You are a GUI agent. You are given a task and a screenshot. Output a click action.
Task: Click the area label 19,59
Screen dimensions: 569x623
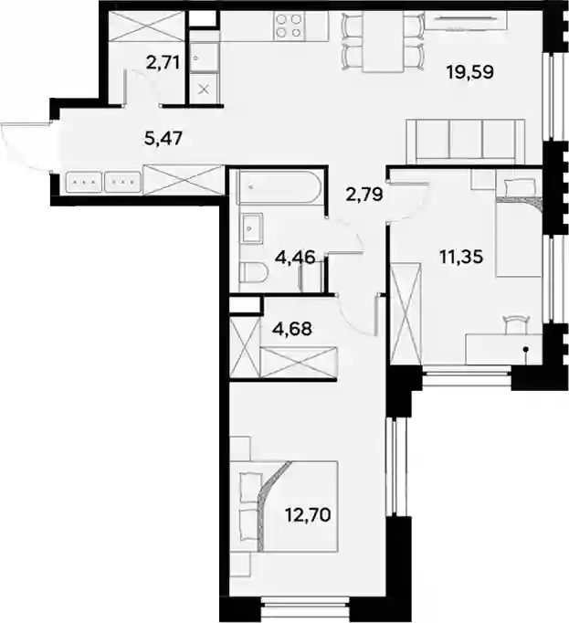pyautogui.click(x=469, y=72)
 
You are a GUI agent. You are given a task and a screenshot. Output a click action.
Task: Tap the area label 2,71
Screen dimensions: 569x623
pyautogui.click(x=163, y=63)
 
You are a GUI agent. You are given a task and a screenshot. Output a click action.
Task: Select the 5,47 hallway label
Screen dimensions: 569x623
pyautogui.click(x=163, y=139)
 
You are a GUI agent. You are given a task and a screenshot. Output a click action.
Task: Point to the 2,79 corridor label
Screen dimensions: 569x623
pyautogui.click(x=364, y=195)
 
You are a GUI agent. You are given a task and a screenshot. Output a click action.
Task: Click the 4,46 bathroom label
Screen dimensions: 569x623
pyautogui.click(x=295, y=257)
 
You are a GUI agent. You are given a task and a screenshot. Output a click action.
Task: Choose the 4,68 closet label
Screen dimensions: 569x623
pyautogui.click(x=293, y=329)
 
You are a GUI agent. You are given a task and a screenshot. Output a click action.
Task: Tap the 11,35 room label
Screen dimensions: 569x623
pyautogui.click(x=461, y=257)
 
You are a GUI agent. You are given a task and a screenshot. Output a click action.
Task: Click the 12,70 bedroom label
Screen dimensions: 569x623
pyautogui.click(x=308, y=515)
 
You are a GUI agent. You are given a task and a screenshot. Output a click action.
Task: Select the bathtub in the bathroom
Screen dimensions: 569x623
pyautogui.click(x=279, y=187)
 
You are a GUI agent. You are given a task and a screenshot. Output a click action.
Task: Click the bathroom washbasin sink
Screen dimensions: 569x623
pyautogui.click(x=251, y=228)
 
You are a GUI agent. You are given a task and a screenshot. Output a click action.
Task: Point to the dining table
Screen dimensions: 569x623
pyautogui.click(x=383, y=42)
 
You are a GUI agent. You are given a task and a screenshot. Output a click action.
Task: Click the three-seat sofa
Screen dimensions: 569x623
pyautogui.click(x=466, y=141)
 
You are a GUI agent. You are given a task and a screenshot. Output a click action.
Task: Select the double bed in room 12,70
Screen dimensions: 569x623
pyautogui.click(x=289, y=507)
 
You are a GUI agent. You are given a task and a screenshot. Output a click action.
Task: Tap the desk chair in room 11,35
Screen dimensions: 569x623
pyautogui.click(x=516, y=323)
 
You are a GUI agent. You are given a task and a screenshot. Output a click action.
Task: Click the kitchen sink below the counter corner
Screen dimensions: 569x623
pyautogui.click(x=205, y=58)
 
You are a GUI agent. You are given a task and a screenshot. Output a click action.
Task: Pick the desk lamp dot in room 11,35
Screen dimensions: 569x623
pyautogui.click(x=525, y=349)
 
